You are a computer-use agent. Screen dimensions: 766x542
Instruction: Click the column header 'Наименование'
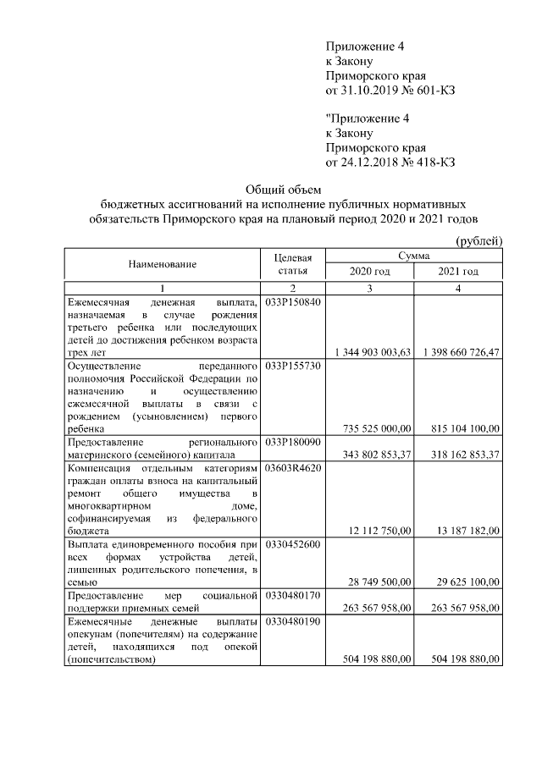coord(163,264)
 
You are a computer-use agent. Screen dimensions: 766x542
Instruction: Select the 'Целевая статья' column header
coord(294,264)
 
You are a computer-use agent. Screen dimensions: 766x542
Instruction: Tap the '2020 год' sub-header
coord(369,272)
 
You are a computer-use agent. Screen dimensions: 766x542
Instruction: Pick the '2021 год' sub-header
coord(458,272)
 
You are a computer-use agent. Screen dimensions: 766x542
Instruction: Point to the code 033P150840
coord(293,302)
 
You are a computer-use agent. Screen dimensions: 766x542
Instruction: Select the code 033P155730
coord(293,366)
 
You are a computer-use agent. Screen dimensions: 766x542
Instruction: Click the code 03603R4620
coord(293,468)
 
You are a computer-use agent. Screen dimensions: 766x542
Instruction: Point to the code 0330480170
coord(293,597)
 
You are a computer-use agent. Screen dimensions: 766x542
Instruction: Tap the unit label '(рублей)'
coord(480,241)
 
